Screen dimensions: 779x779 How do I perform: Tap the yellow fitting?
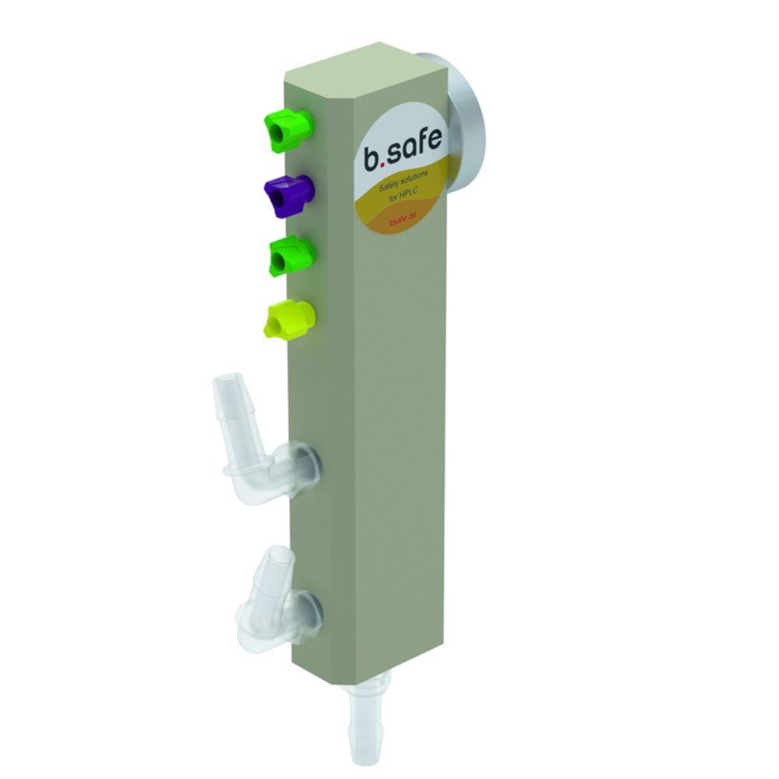289,320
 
